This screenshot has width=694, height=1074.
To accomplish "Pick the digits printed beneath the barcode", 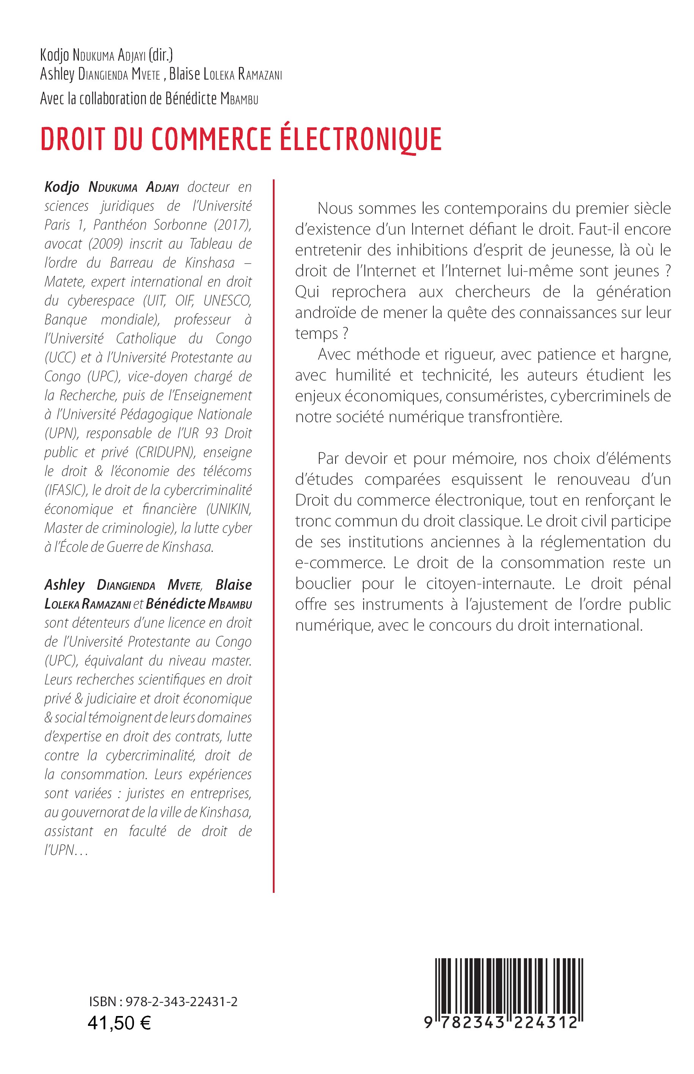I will point(501,1023).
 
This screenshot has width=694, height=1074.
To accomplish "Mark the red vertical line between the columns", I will point(273,535).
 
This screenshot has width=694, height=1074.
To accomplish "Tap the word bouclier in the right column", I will point(323,584).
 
